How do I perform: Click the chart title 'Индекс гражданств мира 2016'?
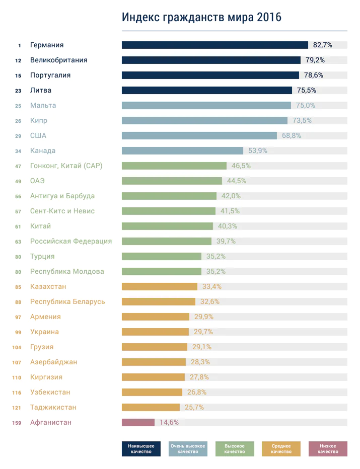[x=201, y=18]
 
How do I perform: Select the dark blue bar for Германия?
[x=214, y=45]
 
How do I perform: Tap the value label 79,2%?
[x=315, y=60]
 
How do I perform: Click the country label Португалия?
[x=50, y=75]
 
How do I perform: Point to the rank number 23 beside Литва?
[x=18, y=91]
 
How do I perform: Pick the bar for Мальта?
[x=206, y=106]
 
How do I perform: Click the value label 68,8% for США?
[x=292, y=136]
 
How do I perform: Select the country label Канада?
[x=43, y=151]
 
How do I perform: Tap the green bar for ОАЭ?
[x=172, y=181]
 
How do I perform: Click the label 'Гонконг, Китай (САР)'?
[x=66, y=166]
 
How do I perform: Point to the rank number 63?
[x=18, y=242]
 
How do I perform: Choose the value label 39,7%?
[x=226, y=242]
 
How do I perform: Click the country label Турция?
[x=42, y=257]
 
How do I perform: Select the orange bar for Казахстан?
[x=160, y=287]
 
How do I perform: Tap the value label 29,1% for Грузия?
[x=201, y=347]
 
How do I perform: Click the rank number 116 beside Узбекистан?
[x=17, y=393]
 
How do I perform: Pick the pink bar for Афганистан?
[x=138, y=423]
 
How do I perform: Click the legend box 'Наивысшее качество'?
[x=141, y=449]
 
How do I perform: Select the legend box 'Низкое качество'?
[x=328, y=449]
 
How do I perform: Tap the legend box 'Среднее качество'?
[x=281, y=449]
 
